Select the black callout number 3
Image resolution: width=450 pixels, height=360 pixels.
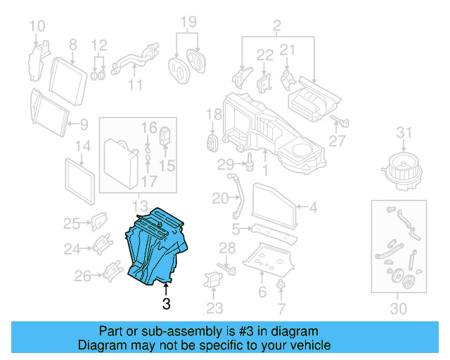pos(166,304)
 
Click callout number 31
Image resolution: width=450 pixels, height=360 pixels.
pos(403,133)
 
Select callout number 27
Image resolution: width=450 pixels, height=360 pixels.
pos(337,141)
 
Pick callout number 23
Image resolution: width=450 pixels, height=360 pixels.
pos(214,307)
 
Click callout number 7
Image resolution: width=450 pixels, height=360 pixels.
pos(281,307)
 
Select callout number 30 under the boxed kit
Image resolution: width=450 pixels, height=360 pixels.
pos(398,309)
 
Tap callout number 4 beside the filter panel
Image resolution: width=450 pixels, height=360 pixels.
pos(314,207)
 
